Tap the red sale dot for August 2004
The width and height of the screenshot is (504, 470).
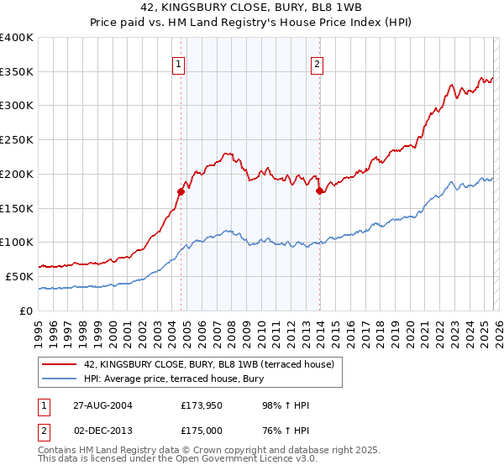181,191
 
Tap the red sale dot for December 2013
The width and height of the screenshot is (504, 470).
319,191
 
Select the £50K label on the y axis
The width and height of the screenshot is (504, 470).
19,276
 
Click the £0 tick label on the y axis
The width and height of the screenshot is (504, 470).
26,311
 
